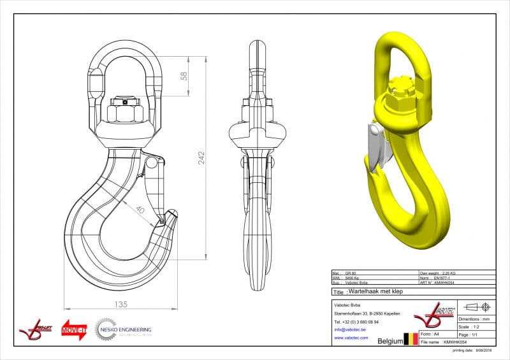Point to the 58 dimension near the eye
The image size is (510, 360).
[x=184, y=76]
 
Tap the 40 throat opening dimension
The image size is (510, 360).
[x=140, y=210]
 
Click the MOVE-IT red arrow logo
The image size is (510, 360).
[x=74, y=330]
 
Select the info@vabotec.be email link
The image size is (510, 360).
[x=351, y=330]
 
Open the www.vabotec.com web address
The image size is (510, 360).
[x=351, y=338]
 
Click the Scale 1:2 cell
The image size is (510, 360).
[x=475, y=326]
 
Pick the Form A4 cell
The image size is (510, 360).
[x=437, y=333]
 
